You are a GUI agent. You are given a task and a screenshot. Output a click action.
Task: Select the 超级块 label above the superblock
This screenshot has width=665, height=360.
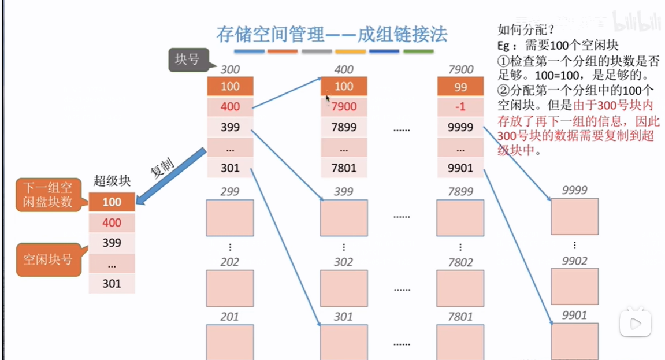[x=112, y=180]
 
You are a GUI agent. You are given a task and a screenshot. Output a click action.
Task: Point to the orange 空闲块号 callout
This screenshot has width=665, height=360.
[x=48, y=259]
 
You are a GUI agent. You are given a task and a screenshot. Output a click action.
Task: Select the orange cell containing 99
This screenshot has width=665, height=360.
[x=460, y=87]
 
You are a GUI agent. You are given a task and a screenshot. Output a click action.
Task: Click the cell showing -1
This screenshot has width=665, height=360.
[x=460, y=107]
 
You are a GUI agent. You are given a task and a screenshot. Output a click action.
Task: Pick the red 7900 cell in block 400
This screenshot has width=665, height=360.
[x=344, y=107]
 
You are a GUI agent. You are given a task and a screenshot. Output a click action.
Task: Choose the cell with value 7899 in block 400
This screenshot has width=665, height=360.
[x=344, y=127]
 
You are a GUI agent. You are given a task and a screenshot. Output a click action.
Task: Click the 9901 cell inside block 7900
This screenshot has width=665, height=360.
[x=460, y=168]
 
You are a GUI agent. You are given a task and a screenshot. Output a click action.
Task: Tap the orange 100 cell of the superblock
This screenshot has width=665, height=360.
[x=112, y=202]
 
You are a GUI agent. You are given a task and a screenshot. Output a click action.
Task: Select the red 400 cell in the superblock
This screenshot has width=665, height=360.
[x=112, y=222]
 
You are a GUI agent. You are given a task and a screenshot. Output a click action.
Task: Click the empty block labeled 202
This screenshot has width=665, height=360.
[x=230, y=287]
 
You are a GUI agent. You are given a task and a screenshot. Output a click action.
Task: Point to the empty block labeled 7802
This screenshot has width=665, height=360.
[x=460, y=287]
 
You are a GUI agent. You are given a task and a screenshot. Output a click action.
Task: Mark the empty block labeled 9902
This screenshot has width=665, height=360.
[x=574, y=286]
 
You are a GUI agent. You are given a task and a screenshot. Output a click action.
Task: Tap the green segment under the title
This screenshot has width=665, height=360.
[x=418, y=51]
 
